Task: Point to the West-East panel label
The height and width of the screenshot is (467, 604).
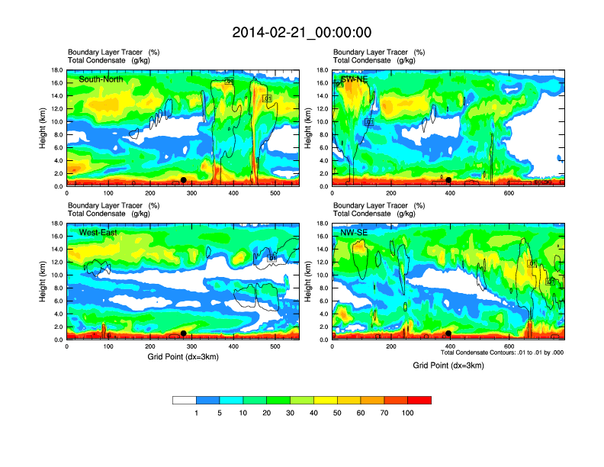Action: [98, 232]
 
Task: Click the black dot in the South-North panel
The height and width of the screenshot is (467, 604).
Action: [183, 180]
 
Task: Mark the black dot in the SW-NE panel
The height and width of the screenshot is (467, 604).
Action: [449, 180]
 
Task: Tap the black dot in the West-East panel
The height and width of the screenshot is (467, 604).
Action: [183, 333]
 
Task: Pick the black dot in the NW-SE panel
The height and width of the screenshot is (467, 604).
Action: [448, 333]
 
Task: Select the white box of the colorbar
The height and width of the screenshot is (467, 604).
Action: [185, 400]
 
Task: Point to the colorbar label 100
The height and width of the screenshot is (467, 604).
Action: [408, 413]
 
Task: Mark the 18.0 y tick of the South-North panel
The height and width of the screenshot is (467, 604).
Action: [56, 70]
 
